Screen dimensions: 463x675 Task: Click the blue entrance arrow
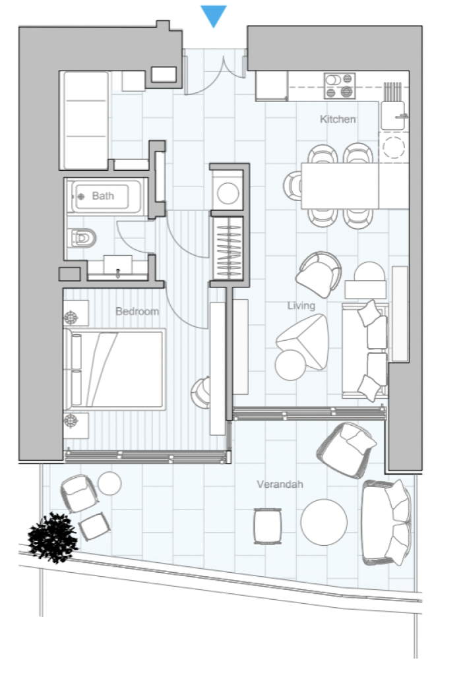214,15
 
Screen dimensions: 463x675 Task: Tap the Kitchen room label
338,119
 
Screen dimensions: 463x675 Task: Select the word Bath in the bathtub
103,196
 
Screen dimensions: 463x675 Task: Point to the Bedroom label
137,311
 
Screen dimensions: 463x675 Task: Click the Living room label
301,306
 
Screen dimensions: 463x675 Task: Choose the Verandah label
280,484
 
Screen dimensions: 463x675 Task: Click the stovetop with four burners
340,86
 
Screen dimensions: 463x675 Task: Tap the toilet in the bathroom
82,238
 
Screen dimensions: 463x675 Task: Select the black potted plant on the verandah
53,537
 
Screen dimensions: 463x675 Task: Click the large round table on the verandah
324,522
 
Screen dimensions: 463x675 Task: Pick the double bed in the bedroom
115,369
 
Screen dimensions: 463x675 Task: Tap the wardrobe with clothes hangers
228,248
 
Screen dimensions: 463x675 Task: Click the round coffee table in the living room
291,365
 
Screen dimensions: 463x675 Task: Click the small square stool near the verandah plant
94,526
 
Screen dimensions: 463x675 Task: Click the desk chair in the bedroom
201,393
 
